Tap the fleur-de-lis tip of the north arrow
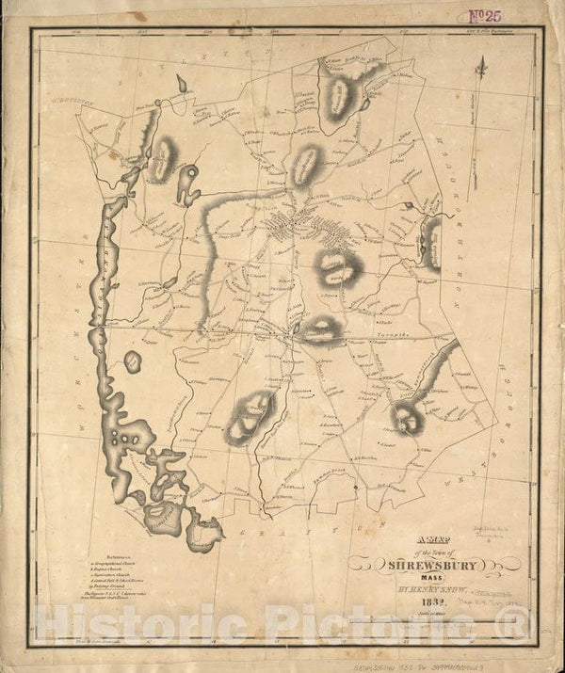pyautogui.click(x=481, y=62)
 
